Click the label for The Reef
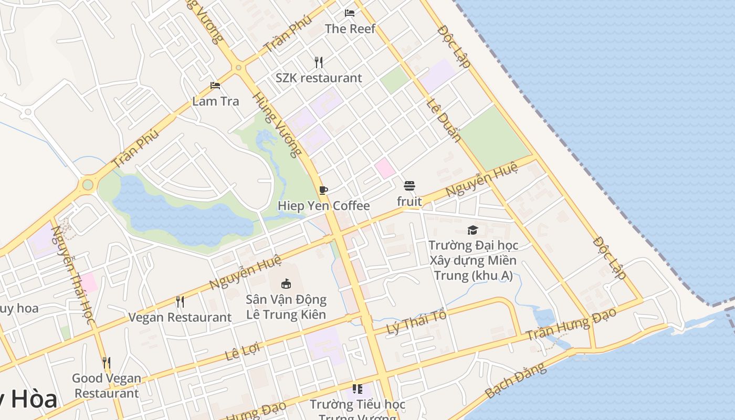tap(350, 28)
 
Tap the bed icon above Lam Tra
tap(215, 86)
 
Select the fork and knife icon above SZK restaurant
tap(319, 62)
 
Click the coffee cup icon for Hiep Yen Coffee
tap(323, 190)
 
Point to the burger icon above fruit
tap(409, 186)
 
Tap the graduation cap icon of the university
tap(472, 230)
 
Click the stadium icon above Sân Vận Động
tap(286, 284)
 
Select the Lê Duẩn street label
tap(444, 121)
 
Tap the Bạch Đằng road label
tap(515, 380)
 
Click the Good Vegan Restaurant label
tap(107, 385)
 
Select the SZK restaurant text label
tap(319, 78)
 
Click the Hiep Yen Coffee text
tap(323, 206)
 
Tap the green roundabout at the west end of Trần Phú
tap(88, 185)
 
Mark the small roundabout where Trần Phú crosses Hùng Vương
tap(238, 67)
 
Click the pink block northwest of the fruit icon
tap(385, 168)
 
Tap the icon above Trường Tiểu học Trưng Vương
tap(358, 389)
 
